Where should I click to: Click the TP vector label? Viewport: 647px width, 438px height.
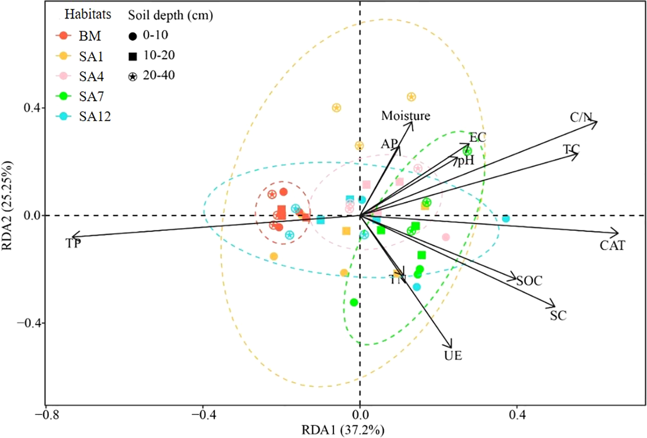pos(73,243)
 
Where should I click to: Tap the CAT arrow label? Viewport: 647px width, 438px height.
pos(612,246)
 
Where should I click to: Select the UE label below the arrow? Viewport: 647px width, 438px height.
pos(453,355)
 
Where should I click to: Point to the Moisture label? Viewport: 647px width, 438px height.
pos(405,116)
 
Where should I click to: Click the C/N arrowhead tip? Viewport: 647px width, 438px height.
pos(597,122)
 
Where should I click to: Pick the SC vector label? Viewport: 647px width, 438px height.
pos(558,316)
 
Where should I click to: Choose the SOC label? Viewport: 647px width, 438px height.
pos(529,281)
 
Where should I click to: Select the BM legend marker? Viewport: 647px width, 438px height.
pos(63,36)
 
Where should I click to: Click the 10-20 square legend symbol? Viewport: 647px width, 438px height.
pos(132,56)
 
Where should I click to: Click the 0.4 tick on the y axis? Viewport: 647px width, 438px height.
pos(32,108)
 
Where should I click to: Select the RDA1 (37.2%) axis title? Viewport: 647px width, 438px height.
pos(342,430)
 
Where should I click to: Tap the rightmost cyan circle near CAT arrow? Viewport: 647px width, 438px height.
pos(505,219)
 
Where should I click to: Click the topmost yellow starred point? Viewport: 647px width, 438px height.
pos(411,97)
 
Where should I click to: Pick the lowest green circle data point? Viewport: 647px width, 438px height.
pos(354,302)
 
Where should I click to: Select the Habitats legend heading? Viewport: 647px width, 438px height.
pos(88,14)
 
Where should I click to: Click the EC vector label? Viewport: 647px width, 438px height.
pos(478,137)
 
